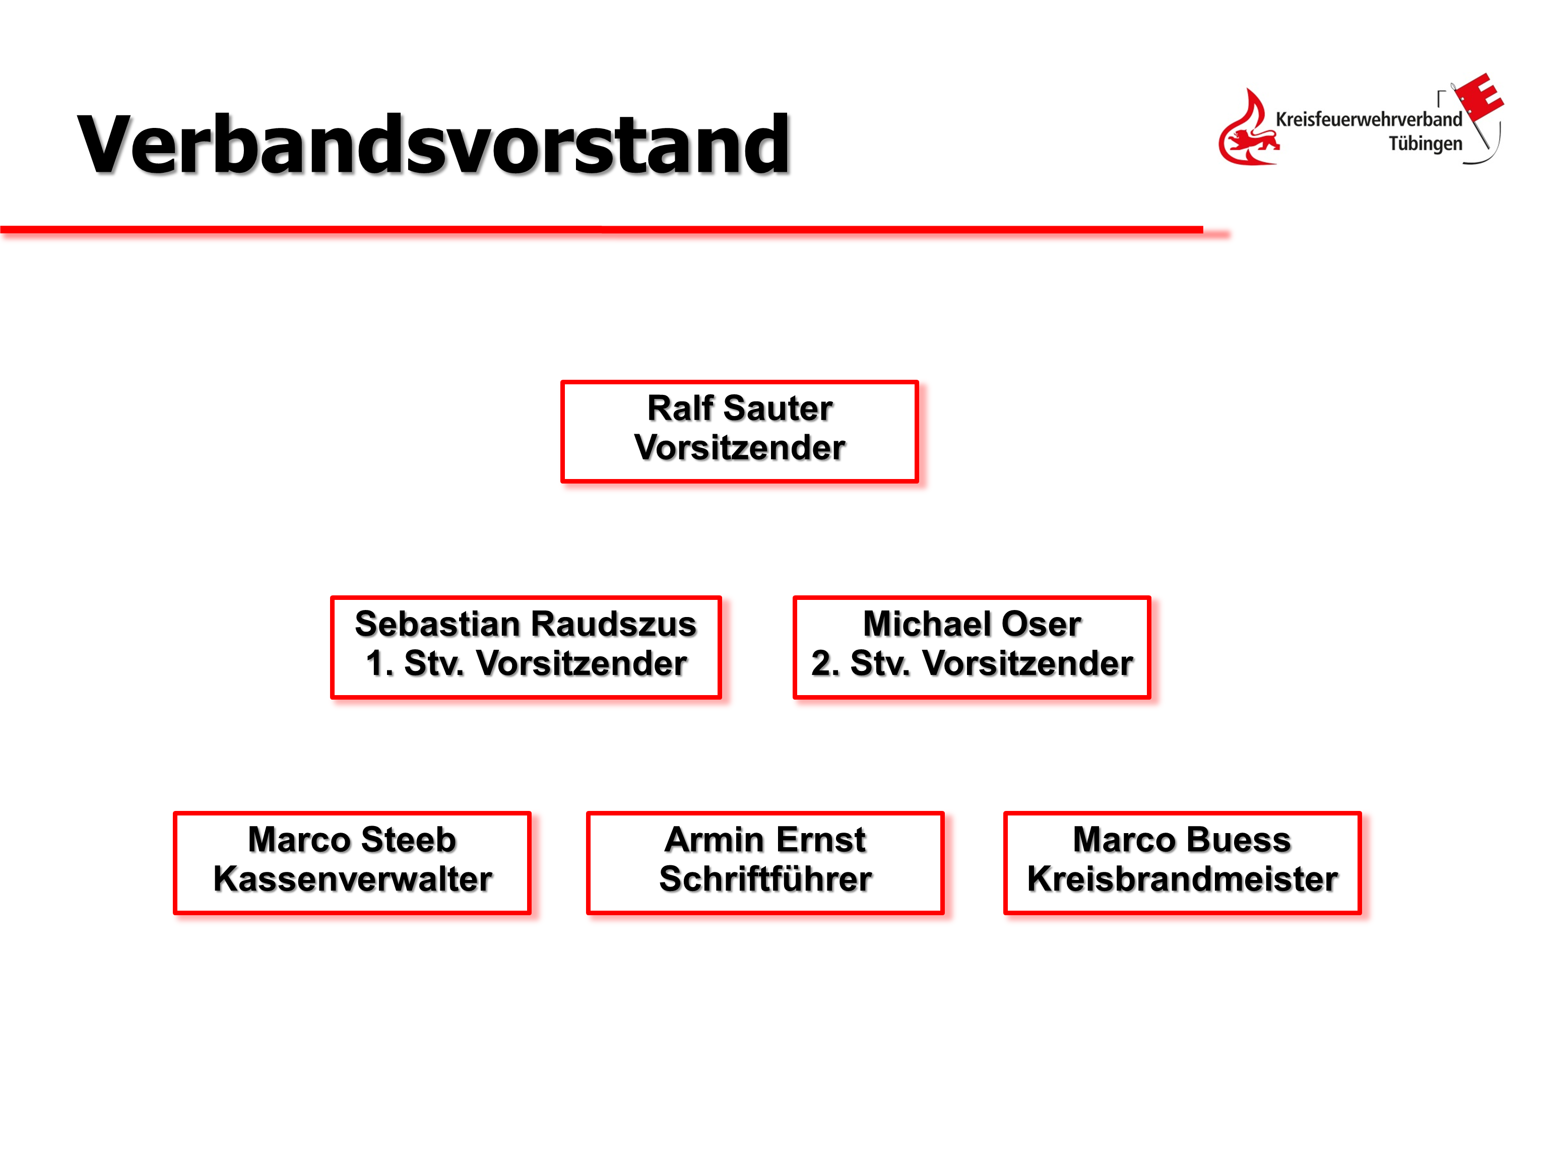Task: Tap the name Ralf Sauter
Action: pos(740,408)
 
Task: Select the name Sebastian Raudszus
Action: pos(526,624)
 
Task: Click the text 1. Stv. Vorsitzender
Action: pos(526,663)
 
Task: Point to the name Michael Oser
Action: pos(972,624)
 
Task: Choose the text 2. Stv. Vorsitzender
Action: pos(972,663)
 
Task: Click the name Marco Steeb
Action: pos(352,840)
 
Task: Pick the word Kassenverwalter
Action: pos(353,879)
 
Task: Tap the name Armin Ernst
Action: pos(765,840)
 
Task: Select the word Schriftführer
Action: pos(765,879)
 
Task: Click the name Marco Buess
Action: pos(1182,840)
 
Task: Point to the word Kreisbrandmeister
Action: pos(1183,879)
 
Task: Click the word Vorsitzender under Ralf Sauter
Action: pos(740,448)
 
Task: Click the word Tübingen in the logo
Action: pos(1426,144)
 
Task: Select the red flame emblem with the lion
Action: pos(1249,128)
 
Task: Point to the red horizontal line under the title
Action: pos(602,230)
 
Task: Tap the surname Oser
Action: pos(1042,624)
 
